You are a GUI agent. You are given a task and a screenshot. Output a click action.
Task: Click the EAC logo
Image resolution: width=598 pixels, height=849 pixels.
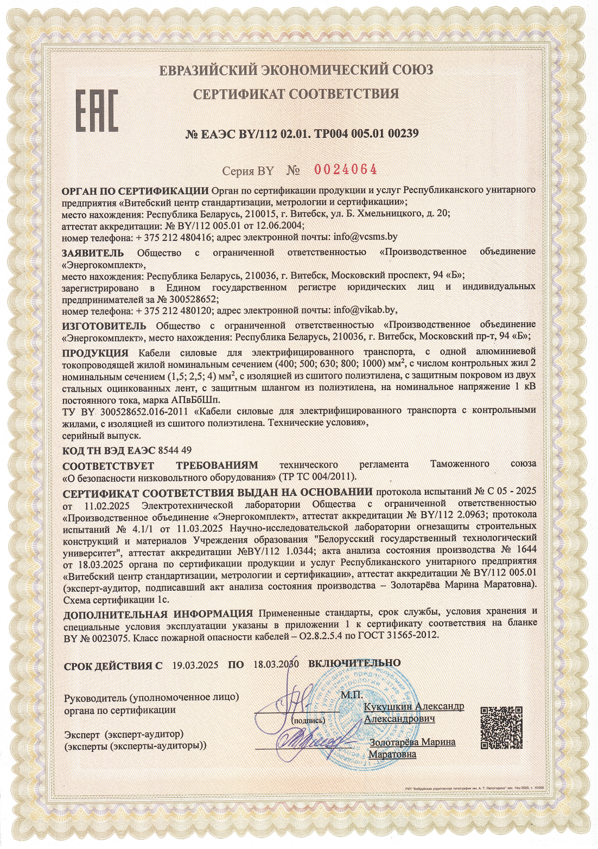(x=96, y=110)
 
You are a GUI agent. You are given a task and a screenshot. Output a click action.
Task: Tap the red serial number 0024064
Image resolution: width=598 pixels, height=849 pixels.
(x=346, y=170)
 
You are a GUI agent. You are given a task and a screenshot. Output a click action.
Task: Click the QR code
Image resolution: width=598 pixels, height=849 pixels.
(x=501, y=727)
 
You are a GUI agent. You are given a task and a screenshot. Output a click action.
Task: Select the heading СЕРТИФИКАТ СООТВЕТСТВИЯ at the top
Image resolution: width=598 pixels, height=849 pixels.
(x=296, y=94)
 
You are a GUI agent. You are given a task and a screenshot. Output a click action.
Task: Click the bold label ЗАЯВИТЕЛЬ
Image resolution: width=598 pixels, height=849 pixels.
(x=92, y=253)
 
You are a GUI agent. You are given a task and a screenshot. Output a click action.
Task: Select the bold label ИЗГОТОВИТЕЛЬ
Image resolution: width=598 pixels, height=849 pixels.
(x=104, y=325)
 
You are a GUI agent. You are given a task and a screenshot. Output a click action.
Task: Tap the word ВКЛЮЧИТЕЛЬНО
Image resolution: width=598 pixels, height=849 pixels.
(x=354, y=663)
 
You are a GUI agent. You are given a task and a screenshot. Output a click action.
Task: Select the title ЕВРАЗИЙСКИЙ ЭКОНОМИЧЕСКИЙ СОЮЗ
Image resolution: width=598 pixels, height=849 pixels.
(x=296, y=70)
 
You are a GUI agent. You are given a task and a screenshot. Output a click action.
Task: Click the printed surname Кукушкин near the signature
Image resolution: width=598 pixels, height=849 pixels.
(x=388, y=707)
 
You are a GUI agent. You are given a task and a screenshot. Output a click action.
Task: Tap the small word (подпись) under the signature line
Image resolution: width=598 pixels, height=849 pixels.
(x=308, y=721)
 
